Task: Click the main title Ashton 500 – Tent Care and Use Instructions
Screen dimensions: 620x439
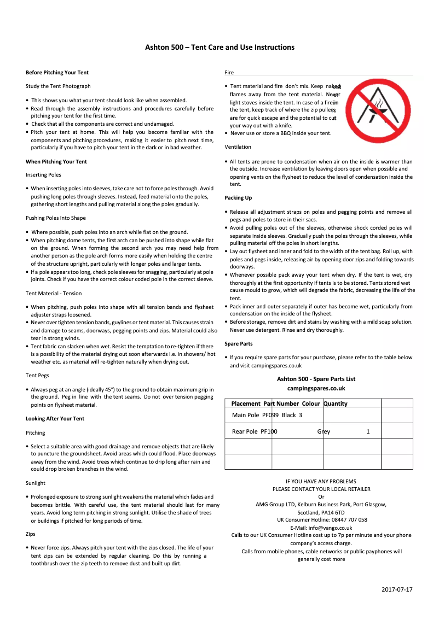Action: [x=220, y=48]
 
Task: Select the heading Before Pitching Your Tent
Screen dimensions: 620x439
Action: [x=57, y=73]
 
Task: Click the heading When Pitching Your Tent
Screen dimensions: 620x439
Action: [x=56, y=162]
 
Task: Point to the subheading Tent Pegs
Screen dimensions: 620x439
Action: [x=37, y=376]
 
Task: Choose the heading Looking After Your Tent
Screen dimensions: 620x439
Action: [x=55, y=419]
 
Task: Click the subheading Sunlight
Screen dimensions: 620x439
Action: [x=36, y=483]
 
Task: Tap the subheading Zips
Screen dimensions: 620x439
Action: [x=30, y=534]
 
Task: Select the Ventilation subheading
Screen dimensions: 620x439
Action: [x=238, y=147]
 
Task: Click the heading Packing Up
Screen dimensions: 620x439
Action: [x=238, y=198]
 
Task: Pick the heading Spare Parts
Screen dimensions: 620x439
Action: [x=239, y=344]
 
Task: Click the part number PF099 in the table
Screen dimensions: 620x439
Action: [x=270, y=416]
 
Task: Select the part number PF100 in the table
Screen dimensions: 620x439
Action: [x=269, y=432]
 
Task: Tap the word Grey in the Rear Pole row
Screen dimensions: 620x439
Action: [x=324, y=432]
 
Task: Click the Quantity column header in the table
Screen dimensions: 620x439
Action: [x=336, y=404]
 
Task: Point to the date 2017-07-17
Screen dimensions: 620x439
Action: [x=397, y=589]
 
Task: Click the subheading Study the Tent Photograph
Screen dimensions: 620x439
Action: [x=58, y=86]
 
